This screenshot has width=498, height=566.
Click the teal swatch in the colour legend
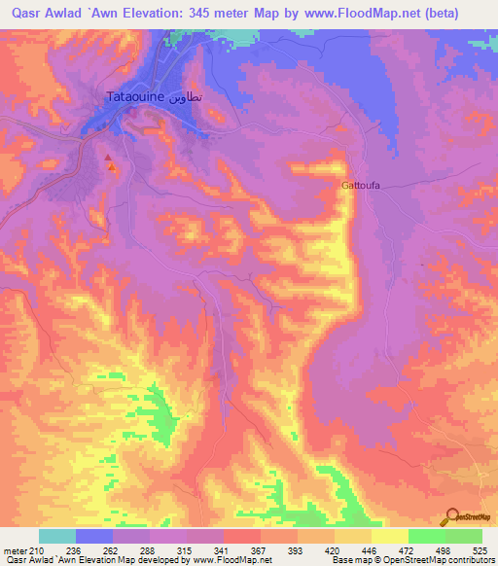[56, 536]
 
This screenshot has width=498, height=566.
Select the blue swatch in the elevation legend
[93, 536]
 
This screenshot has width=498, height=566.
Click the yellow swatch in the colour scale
[389, 536]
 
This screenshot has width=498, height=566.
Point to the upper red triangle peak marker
[108, 157]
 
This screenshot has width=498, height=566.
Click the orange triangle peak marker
[113, 167]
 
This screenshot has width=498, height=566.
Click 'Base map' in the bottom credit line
[350, 560]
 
